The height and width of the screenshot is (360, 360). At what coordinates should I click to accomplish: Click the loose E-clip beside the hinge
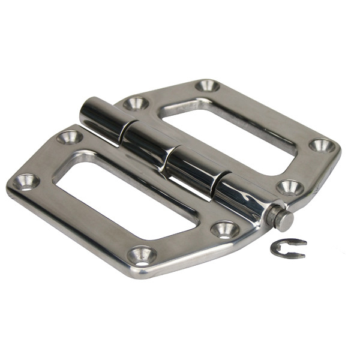(x=287, y=248)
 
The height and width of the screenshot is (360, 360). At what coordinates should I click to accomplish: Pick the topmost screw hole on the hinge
(x=207, y=85)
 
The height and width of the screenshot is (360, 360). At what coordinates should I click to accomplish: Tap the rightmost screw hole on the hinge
(x=322, y=145)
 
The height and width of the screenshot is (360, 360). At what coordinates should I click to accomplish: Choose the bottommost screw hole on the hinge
(x=142, y=255)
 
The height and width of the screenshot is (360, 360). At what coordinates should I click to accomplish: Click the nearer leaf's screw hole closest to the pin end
(x=226, y=228)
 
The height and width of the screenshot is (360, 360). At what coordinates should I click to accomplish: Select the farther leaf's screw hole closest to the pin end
(x=290, y=187)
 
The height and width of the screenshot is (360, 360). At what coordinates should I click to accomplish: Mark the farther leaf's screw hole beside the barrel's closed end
(x=136, y=103)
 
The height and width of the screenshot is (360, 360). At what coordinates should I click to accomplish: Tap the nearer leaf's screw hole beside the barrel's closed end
(x=70, y=137)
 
